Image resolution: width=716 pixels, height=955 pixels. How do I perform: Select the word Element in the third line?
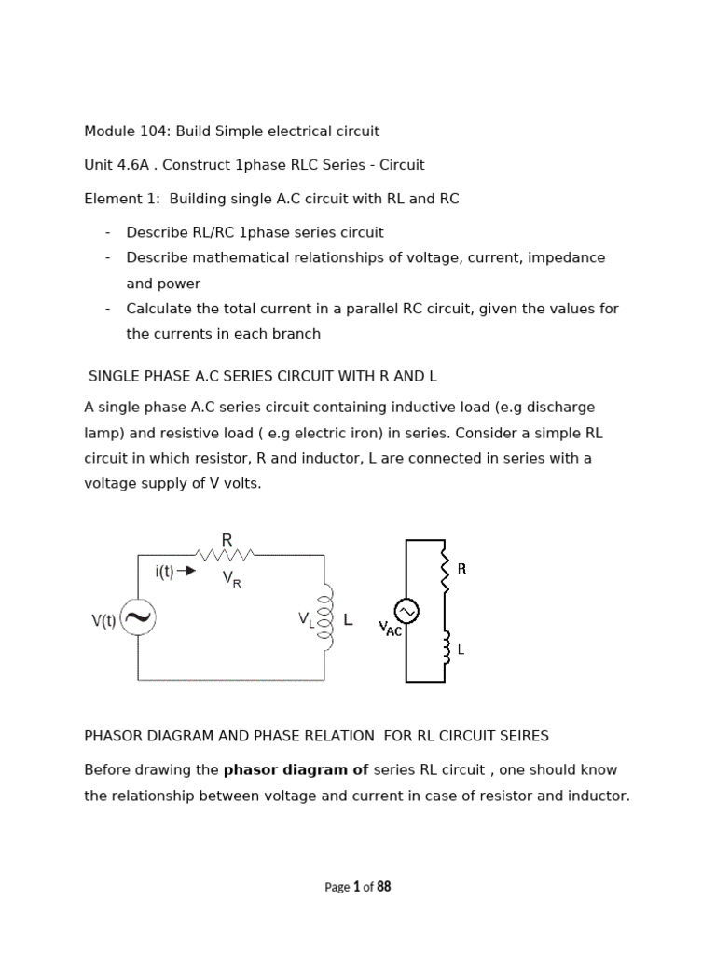pyautogui.click(x=111, y=199)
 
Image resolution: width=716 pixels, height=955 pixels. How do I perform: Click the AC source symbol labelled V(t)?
pyautogui.click(x=138, y=618)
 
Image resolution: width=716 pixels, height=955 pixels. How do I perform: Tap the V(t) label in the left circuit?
pyautogui.click(x=103, y=621)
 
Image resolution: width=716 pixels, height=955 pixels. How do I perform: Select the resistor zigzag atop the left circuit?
pyautogui.click(x=227, y=556)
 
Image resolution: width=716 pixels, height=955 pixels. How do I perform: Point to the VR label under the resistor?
pyautogui.click(x=231, y=579)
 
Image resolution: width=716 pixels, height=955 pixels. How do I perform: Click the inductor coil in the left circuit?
pyautogui.click(x=325, y=618)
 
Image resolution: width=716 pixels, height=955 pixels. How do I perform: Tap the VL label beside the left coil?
pyautogui.click(x=306, y=618)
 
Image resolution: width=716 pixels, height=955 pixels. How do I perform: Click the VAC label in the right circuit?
pyautogui.click(x=390, y=630)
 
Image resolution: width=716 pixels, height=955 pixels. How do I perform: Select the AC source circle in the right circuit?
pyautogui.click(x=406, y=611)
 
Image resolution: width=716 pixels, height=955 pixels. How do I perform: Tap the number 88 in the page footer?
pyautogui.click(x=383, y=887)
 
